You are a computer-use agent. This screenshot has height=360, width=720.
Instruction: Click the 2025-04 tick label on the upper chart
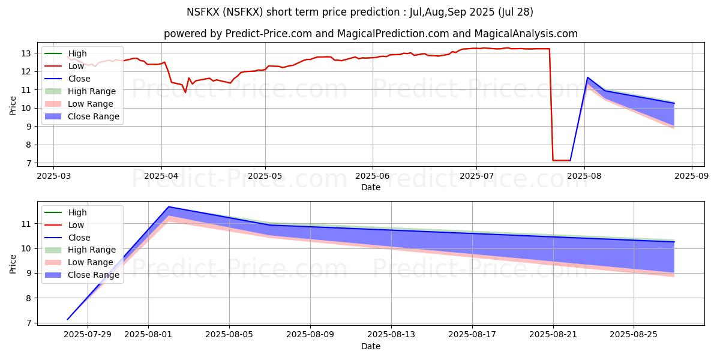pos(161,175)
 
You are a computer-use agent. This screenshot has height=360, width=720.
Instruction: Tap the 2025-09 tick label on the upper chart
pos(691,175)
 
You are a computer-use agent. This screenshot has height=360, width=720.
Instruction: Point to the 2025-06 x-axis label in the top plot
pos(373,175)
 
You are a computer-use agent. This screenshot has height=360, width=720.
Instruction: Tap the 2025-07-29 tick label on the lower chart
pos(88,334)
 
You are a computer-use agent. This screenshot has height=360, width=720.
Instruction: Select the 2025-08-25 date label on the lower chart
pos(634,334)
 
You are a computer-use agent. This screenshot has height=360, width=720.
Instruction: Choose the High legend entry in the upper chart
pos(77,53)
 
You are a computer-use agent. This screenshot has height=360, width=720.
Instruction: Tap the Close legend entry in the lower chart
pos(79,237)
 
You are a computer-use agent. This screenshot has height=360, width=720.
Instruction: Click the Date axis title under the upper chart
pos(370,187)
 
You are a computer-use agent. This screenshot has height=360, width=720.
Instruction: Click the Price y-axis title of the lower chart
pos(13,263)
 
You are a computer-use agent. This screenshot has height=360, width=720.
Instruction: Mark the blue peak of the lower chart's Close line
pos(169,206)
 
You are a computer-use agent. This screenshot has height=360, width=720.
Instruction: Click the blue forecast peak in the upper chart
pos(587,77)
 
